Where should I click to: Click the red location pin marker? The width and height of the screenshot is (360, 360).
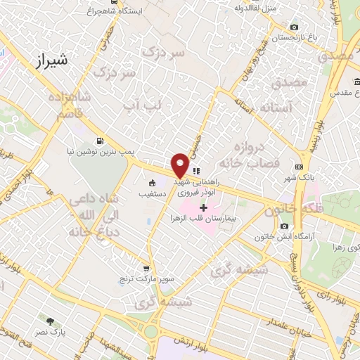(180, 165)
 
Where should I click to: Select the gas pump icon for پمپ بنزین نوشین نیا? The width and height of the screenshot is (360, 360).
(105, 141)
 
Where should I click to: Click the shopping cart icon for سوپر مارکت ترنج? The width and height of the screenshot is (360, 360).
(146, 268)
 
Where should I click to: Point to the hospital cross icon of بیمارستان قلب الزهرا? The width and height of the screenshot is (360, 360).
(204, 207)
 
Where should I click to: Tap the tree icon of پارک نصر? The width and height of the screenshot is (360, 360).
(49, 321)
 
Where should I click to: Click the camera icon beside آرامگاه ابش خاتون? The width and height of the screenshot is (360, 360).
(284, 226)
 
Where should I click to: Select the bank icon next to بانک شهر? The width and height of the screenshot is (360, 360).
(300, 167)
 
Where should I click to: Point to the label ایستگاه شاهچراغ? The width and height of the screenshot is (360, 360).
(117, 12)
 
